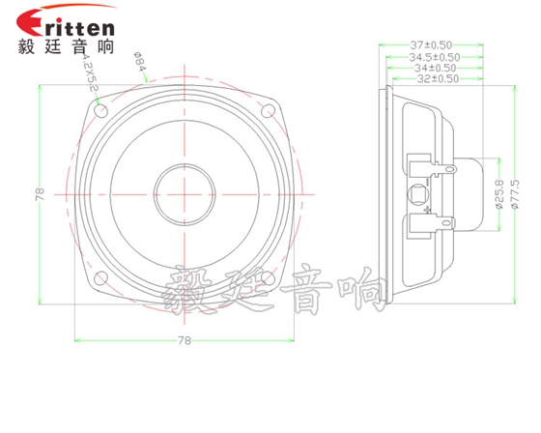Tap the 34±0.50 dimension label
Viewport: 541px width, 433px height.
435,68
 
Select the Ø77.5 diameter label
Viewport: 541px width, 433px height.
515,192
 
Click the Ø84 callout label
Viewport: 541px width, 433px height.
138,67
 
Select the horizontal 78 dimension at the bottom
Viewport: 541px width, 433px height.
185,340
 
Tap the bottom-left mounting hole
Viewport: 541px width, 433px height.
99,280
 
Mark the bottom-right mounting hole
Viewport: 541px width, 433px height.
270,280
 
